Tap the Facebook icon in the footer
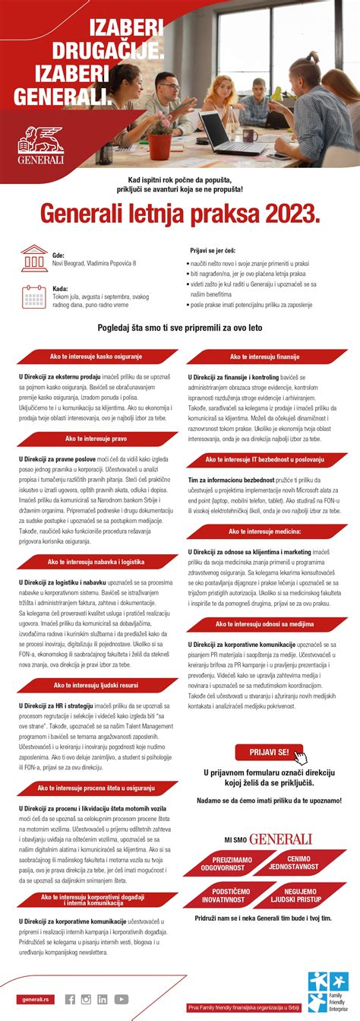(x=70, y=999)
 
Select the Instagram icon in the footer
(x=86, y=999)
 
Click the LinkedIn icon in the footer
(x=102, y=999)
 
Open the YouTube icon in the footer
(x=121, y=999)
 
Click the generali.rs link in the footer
(x=36, y=999)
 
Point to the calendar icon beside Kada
(x=34, y=296)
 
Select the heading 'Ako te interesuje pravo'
(x=95, y=439)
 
